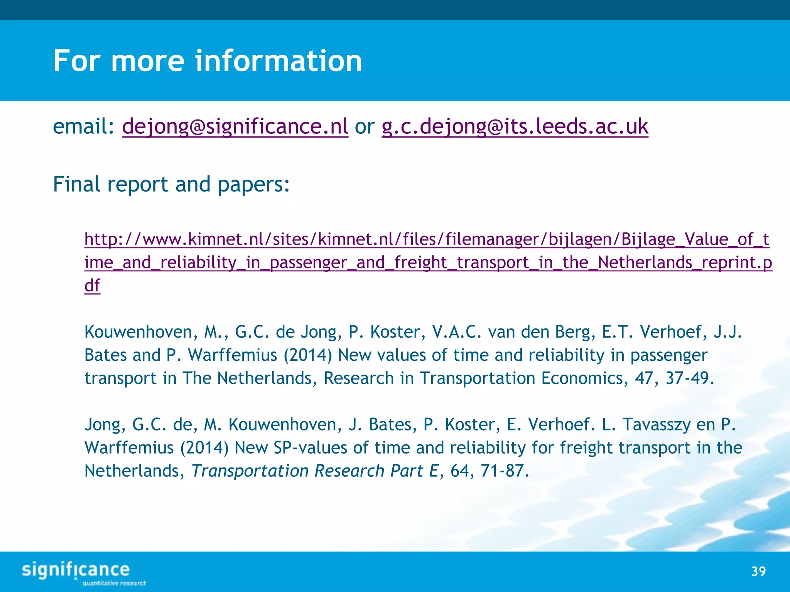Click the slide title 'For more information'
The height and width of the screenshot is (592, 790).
208,61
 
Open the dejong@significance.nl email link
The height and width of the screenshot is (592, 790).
235,126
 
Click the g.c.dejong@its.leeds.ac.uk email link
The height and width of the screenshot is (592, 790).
515,126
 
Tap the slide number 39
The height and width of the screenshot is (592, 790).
758,571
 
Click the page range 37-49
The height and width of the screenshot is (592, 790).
690,378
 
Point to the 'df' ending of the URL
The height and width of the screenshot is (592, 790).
92,286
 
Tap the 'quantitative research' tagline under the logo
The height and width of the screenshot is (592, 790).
115,583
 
